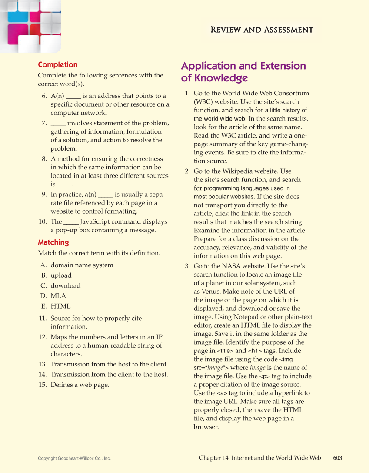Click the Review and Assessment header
click(262, 30)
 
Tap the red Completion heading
click(58, 65)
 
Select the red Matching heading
click(53, 242)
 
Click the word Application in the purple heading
click(208, 66)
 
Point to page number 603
click(338, 458)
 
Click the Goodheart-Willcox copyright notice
click(74, 458)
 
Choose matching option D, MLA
click(58, 296)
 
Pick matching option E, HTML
click(60, 306)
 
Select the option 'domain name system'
click(82, 265)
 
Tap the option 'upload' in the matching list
click(61, 275)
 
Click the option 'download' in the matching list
click(65, 285)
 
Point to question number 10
click(43, 221)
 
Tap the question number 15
click(43, 385)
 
